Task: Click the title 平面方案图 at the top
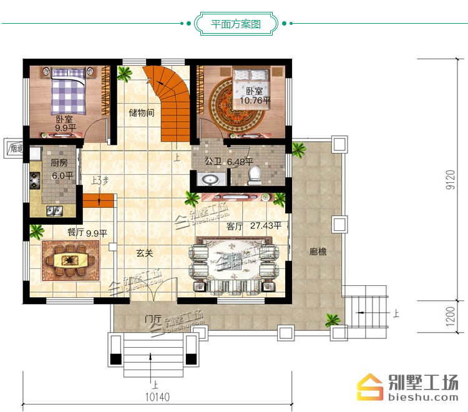[236, 24]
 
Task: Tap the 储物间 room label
[142, 113]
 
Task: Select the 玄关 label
[145, 253]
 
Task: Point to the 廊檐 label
[318, 252]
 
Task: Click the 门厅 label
[153, 319]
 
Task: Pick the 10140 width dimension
[158, 397]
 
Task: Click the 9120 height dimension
[451, 179]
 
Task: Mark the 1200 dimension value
[451, 316]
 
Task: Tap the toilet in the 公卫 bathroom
[254, 175]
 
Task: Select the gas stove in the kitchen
[34, 180]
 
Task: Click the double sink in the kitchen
[54, 211]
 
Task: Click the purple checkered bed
[69, 91]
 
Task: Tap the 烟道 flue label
[16, 148]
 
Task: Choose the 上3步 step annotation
[100, 180]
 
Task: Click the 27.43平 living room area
[266, 225]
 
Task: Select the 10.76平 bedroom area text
[255, 101]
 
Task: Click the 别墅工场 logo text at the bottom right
[423, 383]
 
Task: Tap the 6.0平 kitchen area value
[62, 175]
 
